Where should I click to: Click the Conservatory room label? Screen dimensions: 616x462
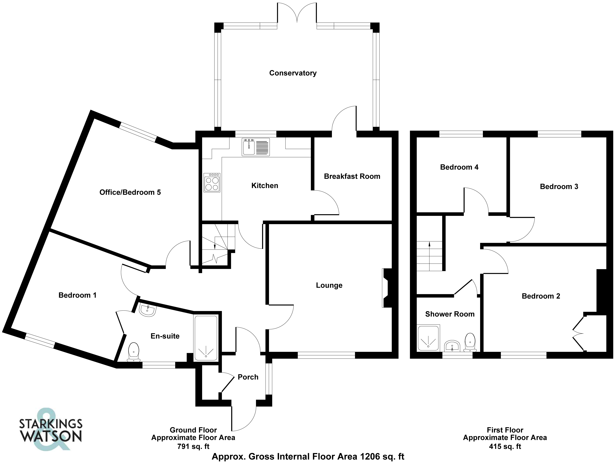tap(293, 73)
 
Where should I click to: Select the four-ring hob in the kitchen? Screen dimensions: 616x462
tap(212, 183)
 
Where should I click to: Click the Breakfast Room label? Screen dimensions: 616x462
tap(352, 176)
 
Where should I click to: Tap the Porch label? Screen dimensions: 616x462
tap(248, 377)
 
